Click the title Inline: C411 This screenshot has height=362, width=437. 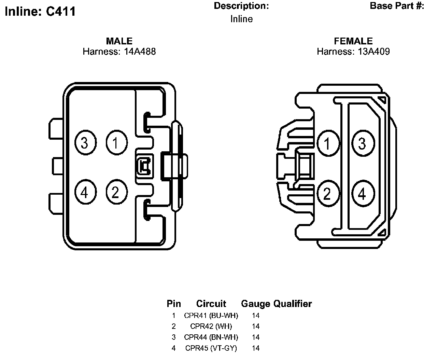(40, 12)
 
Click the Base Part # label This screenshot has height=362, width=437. (397, 6)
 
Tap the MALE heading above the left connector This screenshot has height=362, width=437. (119, 41)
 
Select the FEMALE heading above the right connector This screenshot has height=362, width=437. (353, 41)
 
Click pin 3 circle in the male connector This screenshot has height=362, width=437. (85, 143)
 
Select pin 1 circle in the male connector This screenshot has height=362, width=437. (116, 143)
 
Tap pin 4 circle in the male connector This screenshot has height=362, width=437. (85, 192)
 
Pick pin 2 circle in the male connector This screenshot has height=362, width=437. (116, 192)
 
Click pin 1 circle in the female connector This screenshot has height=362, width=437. (328, 143)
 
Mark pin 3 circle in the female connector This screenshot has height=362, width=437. (363, 143)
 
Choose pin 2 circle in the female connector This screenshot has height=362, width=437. (328, 194)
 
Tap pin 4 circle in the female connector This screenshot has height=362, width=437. (363, 194)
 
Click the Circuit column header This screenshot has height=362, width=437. (211, 304)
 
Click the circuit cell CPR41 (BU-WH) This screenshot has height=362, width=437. (211, 316)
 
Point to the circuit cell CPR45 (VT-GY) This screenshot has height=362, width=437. (211, 348)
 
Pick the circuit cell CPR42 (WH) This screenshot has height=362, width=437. (211, 326)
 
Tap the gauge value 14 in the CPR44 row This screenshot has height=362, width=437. (256, 337)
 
